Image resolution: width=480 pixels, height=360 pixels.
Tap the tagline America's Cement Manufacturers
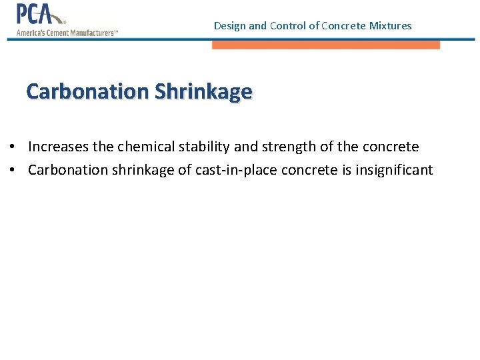pos(67,33)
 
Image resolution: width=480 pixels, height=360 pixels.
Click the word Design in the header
pos(229,26)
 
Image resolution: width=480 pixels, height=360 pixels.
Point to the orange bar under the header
pos(326,45)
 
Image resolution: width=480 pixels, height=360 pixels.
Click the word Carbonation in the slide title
pos(88,91)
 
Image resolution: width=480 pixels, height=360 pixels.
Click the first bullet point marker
pos(13,147)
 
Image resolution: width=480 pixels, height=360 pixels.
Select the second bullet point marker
pos(13,170)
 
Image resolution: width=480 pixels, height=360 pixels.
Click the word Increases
pos(56,147)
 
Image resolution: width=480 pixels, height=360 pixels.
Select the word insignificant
pos(394,170)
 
